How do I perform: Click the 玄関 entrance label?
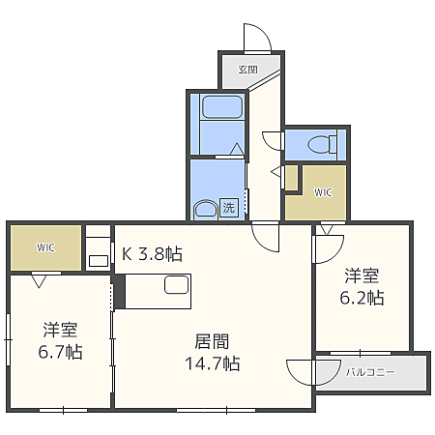click(247, 69)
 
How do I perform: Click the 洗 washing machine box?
click(229, 206)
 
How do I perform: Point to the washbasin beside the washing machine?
click(204, 209)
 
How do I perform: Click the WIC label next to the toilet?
click(323, 191)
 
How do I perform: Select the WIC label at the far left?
click(45, 247)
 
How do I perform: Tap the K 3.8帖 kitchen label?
click(152, 255)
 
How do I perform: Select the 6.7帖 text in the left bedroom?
click(60, 351)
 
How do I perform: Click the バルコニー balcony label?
click(370, 371)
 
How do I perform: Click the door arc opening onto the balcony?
click(300, 372)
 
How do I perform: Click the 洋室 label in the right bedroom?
click(362, 275)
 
